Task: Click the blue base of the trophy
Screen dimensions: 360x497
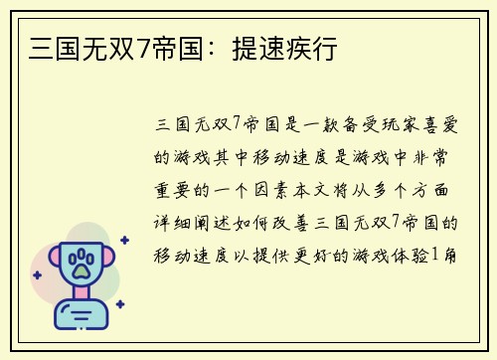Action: coord(82,317)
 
